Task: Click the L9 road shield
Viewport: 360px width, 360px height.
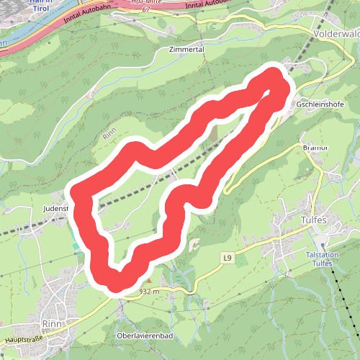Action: (228, 257)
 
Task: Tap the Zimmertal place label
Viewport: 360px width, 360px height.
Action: (186, 50)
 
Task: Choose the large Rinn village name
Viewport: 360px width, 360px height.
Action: (54, 323)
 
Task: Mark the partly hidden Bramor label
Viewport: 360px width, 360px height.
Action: (315, 148)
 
